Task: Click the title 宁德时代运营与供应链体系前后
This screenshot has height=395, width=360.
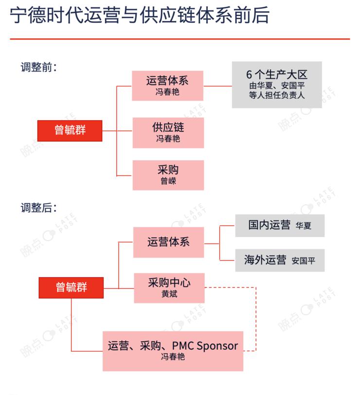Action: (140, 16)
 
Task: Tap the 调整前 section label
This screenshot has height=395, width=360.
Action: (39, 67)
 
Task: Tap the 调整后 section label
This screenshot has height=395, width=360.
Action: (39, 208)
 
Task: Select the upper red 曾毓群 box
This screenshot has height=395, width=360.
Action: (70, 131)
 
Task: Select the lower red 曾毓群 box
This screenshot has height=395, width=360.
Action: (71, 288)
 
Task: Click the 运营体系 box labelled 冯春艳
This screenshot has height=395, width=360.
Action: (167, 86)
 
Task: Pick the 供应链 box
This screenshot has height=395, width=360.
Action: (168, 133)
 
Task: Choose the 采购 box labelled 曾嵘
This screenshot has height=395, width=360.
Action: (168, 175)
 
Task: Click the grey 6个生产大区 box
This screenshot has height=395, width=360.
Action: (277, 85)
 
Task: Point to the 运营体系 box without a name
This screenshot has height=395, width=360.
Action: (168, 243)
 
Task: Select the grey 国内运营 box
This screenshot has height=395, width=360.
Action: (280, 226)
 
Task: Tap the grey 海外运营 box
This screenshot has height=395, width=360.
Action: (280, 261)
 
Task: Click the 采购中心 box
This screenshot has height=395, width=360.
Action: (169, 288)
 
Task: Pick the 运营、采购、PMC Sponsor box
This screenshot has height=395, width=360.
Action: (173, 351)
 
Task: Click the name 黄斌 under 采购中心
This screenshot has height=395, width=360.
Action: (169, 294)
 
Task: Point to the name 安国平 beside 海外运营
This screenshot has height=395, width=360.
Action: (304, 261)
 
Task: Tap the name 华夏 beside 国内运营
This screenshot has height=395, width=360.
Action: (304, 226)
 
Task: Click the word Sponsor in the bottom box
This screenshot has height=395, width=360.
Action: (217, 346)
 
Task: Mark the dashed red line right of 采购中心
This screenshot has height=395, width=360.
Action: (256, 319)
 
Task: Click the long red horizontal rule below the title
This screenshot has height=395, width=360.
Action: (180, 39)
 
